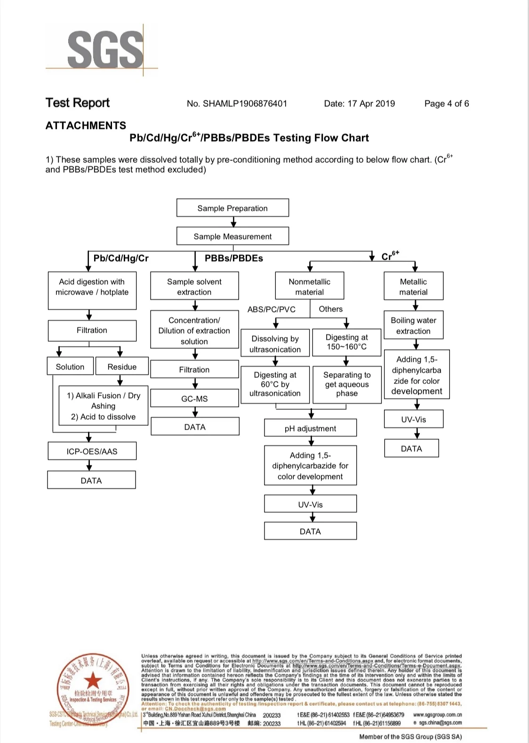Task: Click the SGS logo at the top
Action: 105,48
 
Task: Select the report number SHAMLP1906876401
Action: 245,104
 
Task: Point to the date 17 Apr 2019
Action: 371,104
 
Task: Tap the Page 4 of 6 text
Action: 446,104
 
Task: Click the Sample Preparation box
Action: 232,208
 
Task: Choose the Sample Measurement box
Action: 232,236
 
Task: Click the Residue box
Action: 122,367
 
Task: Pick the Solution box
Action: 70,367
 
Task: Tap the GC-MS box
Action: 194,399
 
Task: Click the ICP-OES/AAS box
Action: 92,451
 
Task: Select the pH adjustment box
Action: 310,428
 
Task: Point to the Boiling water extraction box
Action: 413,325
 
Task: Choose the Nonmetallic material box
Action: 309,287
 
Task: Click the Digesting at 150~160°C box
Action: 346,342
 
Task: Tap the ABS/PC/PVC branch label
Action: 272,309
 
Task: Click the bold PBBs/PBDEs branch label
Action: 233,258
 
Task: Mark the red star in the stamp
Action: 93,680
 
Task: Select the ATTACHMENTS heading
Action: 86,126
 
